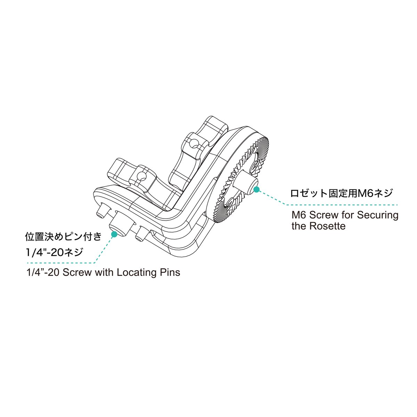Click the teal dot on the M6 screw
tap(257, 189)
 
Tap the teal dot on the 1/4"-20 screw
tap(114, 234)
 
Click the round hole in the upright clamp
tap(193, 142)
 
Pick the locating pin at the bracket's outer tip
tap(101, 211)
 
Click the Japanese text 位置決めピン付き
tap(63, 237)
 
